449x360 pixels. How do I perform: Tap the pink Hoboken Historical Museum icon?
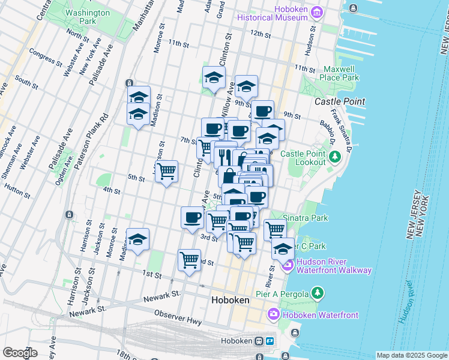pyautogui.click(x=318, y=10)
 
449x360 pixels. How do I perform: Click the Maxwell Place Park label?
pyautogui.click(x=340, y=73)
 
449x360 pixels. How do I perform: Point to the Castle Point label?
pyautogui.click(x=340, y=101)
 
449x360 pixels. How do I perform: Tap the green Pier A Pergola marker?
pyautogui.click(x=318, y=293)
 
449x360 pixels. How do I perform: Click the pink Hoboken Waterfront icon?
pyautogui.click(x=273, y=314)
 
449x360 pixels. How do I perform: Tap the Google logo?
pyautogui.click(x=20, y=353)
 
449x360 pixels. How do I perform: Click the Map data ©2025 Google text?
pyautogui.click(x=412, y=355)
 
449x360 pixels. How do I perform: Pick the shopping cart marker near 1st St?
pyautogui.click(x=189, y=260)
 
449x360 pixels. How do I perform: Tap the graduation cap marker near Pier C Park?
pyautogui.click(x=283, y=248)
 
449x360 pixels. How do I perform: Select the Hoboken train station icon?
pyautogui.click(x=259, y=341)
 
